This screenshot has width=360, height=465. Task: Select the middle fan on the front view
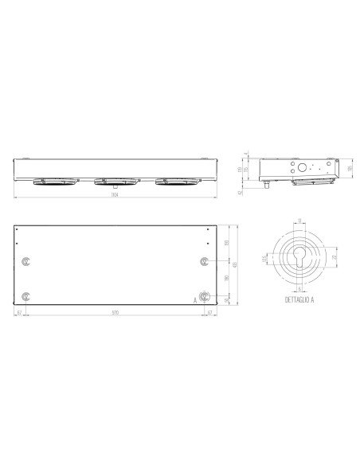click(x=115, y=182)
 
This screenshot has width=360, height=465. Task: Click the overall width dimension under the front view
click(x=115, y=197)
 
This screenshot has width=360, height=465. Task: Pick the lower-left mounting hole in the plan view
click(x=28, y=296)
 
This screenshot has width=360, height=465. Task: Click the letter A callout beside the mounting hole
click(x=194, y=299)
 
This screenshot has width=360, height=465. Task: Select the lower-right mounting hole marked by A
click(x=205, y=296)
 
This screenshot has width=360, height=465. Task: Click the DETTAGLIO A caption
click(x=299, y=302)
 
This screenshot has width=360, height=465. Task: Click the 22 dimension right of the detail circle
click(x=332, y=258)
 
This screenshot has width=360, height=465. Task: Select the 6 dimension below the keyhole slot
click(x=299, y=290)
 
